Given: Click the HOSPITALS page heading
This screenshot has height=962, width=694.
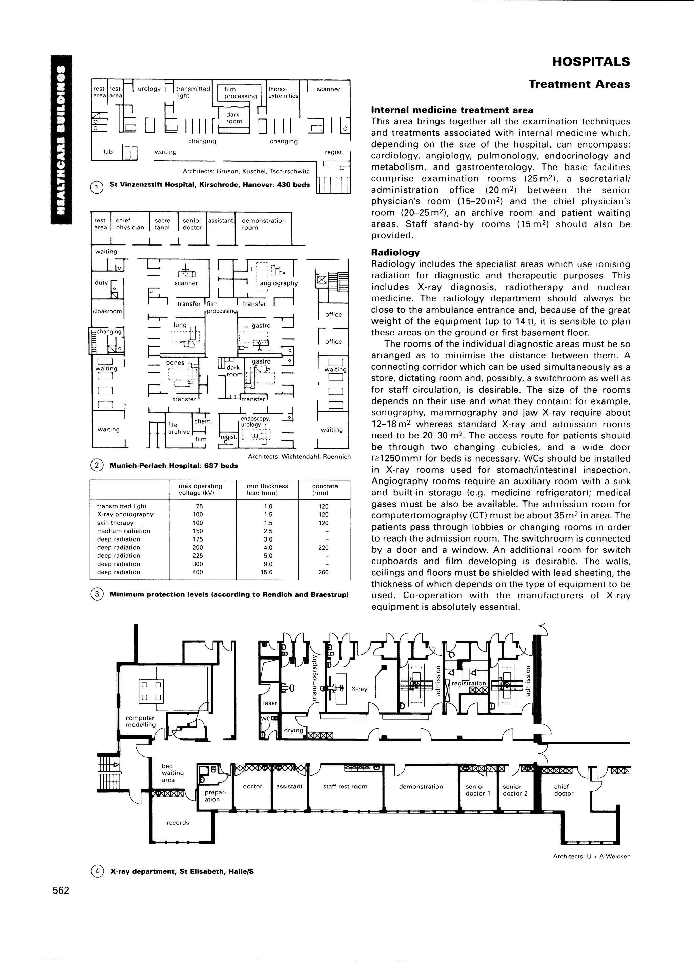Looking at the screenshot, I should tap(591, 62).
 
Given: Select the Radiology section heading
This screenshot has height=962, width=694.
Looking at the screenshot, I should tap(395, 252).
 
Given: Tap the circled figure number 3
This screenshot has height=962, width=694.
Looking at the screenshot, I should tap(97, 594).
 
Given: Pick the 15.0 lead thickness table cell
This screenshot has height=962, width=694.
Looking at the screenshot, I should tap(267, 572).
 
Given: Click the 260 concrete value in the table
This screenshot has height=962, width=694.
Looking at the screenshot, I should tap(324, 572).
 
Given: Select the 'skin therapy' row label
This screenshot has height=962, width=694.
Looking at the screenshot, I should tap(115, 523).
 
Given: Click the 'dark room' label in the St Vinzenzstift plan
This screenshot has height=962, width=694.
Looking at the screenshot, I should tap(233, 118).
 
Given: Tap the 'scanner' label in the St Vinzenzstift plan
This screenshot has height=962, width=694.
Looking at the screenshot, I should tap(328, 89).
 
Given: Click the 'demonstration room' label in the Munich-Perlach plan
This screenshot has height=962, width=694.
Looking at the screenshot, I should tap(263, 224).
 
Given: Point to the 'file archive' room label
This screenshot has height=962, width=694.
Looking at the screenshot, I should tap(179, 428).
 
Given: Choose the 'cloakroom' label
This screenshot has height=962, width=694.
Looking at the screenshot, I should tap(107, 311).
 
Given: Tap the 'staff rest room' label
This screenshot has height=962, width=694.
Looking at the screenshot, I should tap(345, 786).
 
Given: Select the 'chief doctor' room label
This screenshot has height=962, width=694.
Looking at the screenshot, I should tap(564, 790).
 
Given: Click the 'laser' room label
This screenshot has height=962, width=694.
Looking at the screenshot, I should tap(270, 703).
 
